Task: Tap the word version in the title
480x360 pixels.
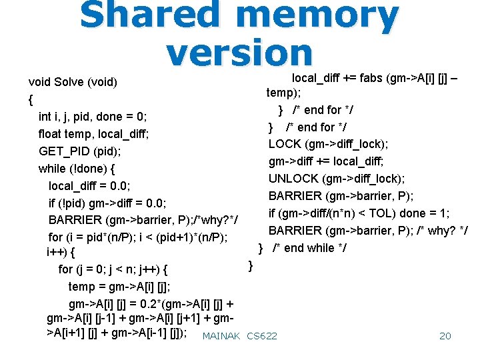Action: click(x=239, y=53)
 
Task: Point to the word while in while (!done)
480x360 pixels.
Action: click(x=52, y=168)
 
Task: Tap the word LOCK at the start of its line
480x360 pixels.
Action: click(x=285, y=144)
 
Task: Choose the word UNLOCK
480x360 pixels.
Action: click(x=293, y=179)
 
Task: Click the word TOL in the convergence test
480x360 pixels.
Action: click(x=390, y=213)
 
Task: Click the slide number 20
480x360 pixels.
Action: click(x=445, y=336)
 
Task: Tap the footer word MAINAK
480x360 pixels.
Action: click(x=221, y=336)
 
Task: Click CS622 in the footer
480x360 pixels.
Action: click(x=262, y=336)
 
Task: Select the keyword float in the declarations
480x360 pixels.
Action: click(x=51, y=133)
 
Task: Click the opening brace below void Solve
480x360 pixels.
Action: click(x=31, y=99)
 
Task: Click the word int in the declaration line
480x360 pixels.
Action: click(x=45, y=117)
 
